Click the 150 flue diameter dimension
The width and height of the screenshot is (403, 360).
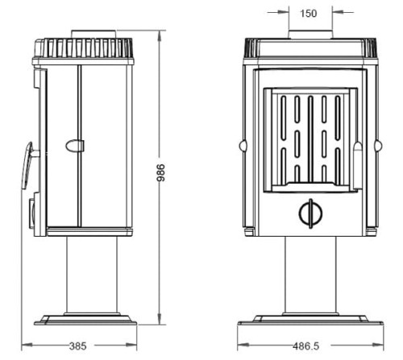pyautogui.click(x=309, y=14)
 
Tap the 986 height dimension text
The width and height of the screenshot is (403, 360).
pyautogui.click(x=161, y=172)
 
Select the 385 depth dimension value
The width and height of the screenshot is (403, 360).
pyautogui.click(x=78, y=346)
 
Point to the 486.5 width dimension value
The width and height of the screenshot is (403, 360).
pyautogui.click(x=306, y=346)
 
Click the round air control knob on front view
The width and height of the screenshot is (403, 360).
pyautogui.click(x=310, y=213)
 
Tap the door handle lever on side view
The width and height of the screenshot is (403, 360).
pyautogui.click(x=27, y=165)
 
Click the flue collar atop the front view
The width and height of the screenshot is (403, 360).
pyautogui.click(x=310, y=35)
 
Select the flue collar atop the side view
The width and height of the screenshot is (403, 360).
pyautogui.click(x=93, y=34)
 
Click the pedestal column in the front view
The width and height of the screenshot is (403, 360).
pyautogui.click(x=310, y=275)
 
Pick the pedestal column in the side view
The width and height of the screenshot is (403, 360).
pyautogui.click(x=92, y=275)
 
